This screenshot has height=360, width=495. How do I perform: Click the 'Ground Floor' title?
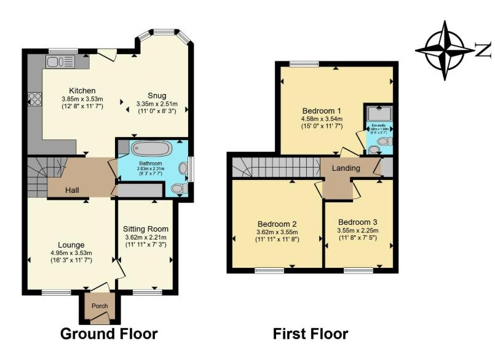tap(109, 334)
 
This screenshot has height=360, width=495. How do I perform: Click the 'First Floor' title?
tap(311, 334)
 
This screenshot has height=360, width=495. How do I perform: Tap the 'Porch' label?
tap(100, 306)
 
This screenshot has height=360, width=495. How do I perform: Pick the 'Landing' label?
tap(346, 168)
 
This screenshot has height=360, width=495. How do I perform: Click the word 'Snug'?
tap(156, 95)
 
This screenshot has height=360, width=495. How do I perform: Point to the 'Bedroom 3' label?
tap(357, 222)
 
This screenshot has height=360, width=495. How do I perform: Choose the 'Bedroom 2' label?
tap(277, 224)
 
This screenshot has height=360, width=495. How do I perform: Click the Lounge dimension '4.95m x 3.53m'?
tap(71, 252)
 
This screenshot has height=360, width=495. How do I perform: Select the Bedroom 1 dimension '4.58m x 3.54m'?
tap(322, 119)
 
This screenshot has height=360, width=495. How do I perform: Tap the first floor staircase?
tap(277, 165)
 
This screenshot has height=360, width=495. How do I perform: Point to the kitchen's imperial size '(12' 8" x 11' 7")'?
tap(82, 107)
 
